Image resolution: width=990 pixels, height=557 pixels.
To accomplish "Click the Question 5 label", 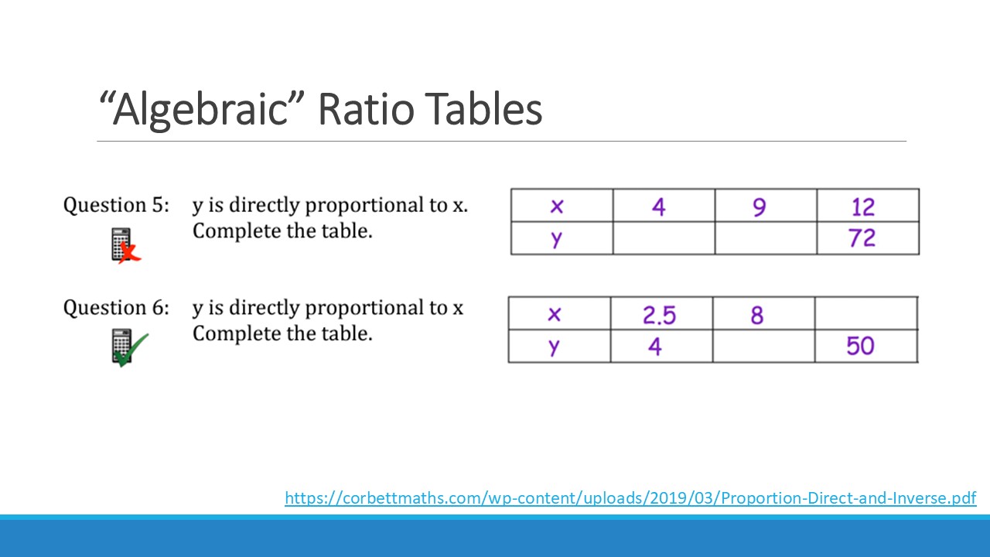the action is (116, 206).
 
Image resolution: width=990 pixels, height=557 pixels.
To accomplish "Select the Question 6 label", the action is (116, 308).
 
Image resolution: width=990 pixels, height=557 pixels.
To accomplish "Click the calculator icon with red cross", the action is (125, 245).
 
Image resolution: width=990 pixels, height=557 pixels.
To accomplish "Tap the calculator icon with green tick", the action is (129, 348).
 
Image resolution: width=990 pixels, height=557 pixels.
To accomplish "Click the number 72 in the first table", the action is (862, 238).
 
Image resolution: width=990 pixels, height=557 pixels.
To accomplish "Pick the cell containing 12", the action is (868, 206).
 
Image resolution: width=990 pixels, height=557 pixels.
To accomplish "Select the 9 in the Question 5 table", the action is (760, 207).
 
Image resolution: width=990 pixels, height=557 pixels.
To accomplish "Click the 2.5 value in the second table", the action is (660, 315).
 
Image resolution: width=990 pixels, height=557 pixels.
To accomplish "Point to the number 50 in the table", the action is (860, 346).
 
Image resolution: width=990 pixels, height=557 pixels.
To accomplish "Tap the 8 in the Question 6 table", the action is (757, 315).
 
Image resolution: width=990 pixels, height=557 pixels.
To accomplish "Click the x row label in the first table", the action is (557, 206).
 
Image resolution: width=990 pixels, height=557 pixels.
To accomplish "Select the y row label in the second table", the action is (555, 347).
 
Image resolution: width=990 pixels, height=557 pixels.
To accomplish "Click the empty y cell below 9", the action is (766, 238).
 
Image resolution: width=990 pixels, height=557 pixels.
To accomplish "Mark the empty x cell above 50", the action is (866, 313).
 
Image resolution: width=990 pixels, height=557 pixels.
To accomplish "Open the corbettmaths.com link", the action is (630, 498).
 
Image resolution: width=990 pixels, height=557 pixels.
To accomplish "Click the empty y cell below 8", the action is (763, 346).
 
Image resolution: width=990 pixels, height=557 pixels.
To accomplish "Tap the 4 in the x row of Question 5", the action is (658, 207).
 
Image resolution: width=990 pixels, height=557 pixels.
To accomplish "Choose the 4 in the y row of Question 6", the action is (655, 347).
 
